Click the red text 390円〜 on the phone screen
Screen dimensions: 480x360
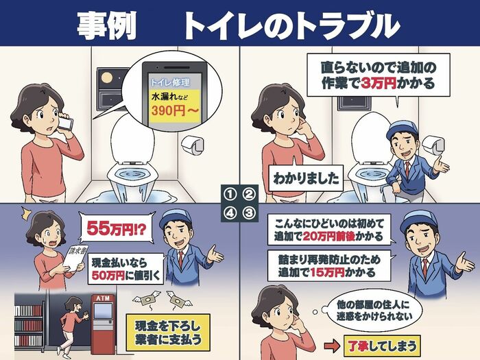pyautogui.click(x=175, y=111)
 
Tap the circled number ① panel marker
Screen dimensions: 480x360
pyautogui.click(x=230, y=194)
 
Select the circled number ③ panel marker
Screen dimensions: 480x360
pyautogui.click(x=249, y=213)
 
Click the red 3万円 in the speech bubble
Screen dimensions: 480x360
pyautogui.click(x=379, y=83)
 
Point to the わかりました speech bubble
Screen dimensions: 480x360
pyautogui.click(x=306, y=178)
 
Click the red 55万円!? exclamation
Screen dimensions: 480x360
pyautogui.click(x=117, y=228)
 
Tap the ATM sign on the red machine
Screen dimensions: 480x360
pyautogui.click(x=103, y=298)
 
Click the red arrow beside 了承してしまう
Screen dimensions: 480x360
pyautogui.click(x=332, y=346)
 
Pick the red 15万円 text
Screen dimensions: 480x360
pyautogui.click(x=327, y=272)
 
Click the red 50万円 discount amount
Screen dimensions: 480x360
pyautogui.click(x=108, y=275)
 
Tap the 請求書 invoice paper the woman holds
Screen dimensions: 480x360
pyautogui.click(x=75, y=258)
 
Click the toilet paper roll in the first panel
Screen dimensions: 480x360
pyautogui.click(x=193, y=144)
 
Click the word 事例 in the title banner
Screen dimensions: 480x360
pyautogui.click(x=106, y=26)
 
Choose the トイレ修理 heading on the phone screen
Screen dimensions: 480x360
pyautogui.click(x=170, y=82)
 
